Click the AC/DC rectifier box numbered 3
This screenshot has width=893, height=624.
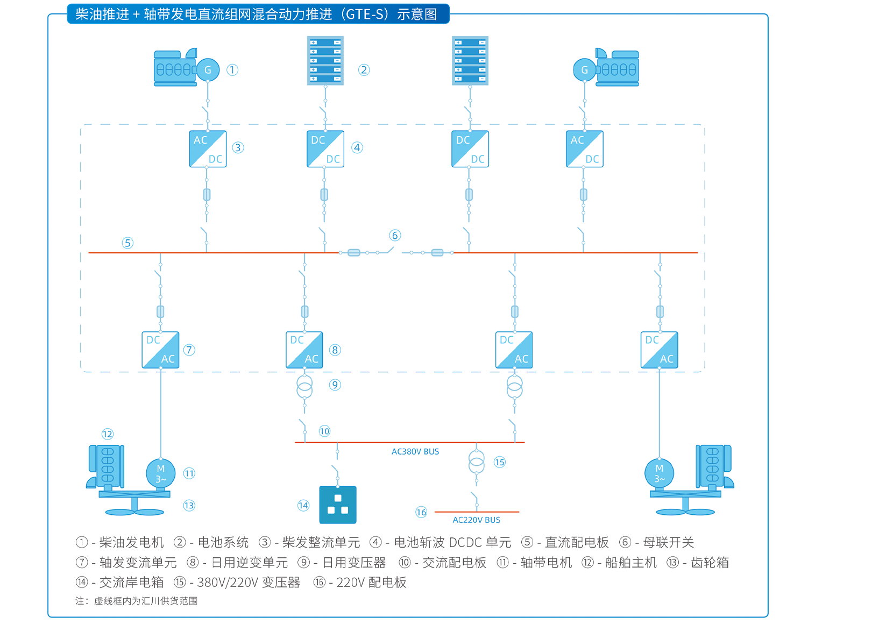pos(208,149)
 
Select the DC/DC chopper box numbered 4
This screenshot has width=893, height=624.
pos(325,149)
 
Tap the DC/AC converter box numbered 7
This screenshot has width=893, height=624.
pos(160,350)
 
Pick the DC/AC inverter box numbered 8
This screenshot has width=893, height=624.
pos(304,350)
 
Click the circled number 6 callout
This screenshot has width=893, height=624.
pos(395,235)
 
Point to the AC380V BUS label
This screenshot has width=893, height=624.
pos(415,451)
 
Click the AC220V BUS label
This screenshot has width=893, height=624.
pos(476,520)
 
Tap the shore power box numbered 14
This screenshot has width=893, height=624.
pos(338,505)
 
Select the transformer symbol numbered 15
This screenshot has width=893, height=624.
pos(476,462)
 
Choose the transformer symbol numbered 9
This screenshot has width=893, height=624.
pos(304,386)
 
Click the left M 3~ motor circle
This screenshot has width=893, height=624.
pos(161,473)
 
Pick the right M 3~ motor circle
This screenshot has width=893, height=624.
pos(660,473)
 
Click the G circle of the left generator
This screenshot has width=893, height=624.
pos(208,70)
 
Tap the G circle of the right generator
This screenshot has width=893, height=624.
pos(585,70)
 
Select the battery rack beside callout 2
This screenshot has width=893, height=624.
pos(325,60)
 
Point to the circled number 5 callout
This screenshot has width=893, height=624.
pos(127,243)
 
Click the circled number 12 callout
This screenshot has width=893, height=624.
pos(108,434)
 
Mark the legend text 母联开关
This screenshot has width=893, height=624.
pos(669,542)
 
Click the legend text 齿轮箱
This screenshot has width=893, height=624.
pos(710,562)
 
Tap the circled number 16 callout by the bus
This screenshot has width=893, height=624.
pos(421,512)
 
